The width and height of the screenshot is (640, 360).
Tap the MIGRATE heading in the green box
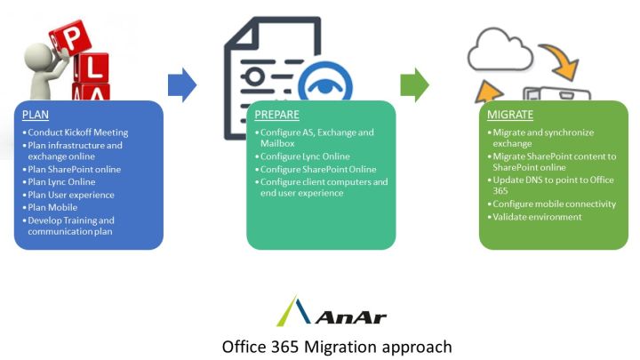(511, 115)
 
